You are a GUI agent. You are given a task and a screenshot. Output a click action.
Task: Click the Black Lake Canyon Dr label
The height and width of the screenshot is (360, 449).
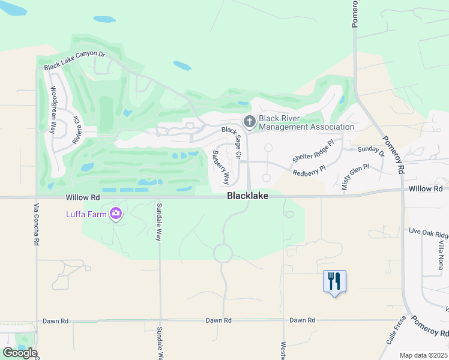[74, 61]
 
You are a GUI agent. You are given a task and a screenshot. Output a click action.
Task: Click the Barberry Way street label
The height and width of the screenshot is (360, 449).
[220, 167]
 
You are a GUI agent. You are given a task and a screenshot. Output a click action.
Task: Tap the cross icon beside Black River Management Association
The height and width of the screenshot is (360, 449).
[249, 122]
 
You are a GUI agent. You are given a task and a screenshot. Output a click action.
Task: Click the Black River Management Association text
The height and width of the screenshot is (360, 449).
[306, 122]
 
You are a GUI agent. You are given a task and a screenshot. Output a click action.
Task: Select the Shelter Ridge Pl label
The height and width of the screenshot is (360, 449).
[313, 151]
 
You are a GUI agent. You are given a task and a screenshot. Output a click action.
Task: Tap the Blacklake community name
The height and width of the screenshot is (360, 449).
[247, 196]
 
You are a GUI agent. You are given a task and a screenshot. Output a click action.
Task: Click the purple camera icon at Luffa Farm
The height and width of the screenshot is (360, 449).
[116, 214]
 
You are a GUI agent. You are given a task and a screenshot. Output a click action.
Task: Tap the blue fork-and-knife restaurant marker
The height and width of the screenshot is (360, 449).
[335, 281]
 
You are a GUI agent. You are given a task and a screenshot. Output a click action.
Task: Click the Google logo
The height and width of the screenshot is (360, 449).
[20, 353]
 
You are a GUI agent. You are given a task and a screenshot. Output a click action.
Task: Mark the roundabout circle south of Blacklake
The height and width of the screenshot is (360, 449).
[223, 253]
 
